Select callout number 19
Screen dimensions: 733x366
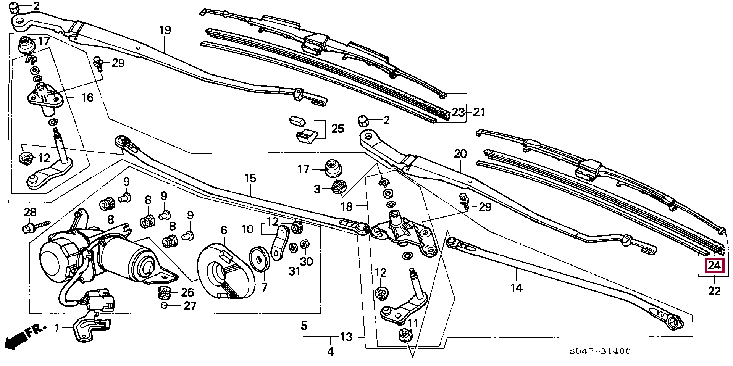pos(165,30)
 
